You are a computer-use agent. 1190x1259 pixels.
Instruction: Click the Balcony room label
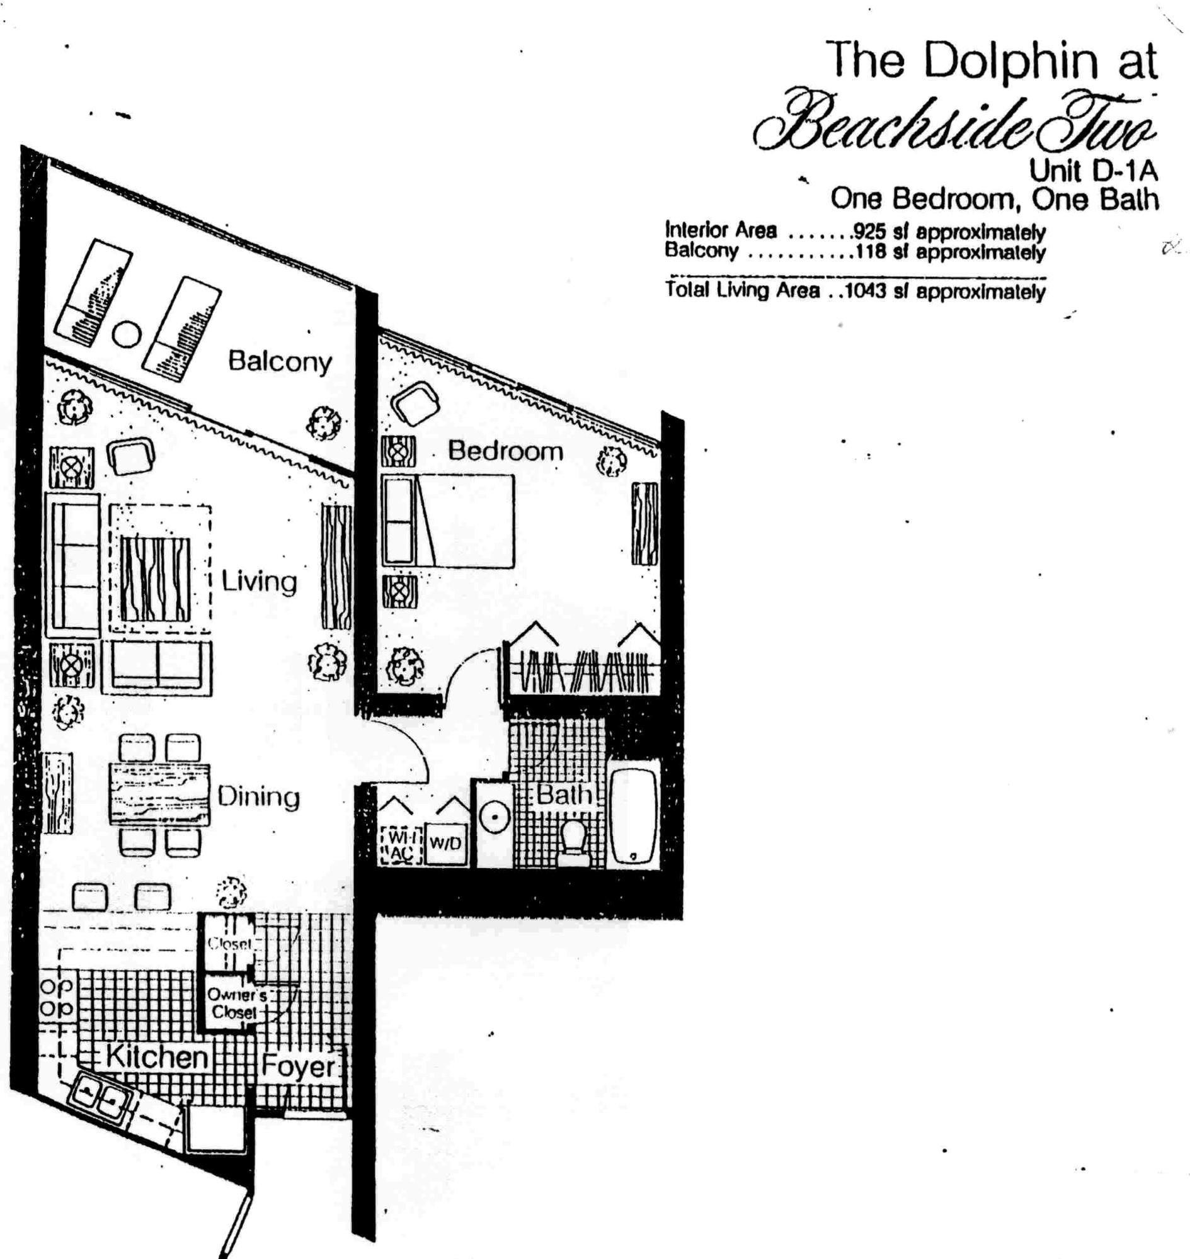pos(280,361)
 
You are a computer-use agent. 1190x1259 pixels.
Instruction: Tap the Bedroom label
pos(505,451)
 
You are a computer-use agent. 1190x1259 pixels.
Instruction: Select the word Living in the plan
pos(259,581)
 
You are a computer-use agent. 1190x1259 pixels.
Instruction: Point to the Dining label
pos(258,796)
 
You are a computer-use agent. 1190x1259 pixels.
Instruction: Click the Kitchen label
pos(156,1057)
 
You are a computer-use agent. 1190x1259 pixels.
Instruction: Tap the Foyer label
pos(298,1066)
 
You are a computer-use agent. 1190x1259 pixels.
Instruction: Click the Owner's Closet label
pos(233,1003)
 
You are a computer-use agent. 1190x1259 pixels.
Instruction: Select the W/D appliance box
pos(445,844)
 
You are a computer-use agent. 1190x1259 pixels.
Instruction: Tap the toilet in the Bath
pos(575,840)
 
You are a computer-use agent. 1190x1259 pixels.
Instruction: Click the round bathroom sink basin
pos(493,818)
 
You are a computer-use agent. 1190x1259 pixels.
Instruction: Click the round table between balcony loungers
pos(127,334)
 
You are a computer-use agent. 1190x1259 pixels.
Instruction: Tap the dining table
pos(159,795)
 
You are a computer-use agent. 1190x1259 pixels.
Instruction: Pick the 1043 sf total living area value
pos(866,291)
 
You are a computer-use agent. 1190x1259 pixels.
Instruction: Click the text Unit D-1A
pos(1093,171)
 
